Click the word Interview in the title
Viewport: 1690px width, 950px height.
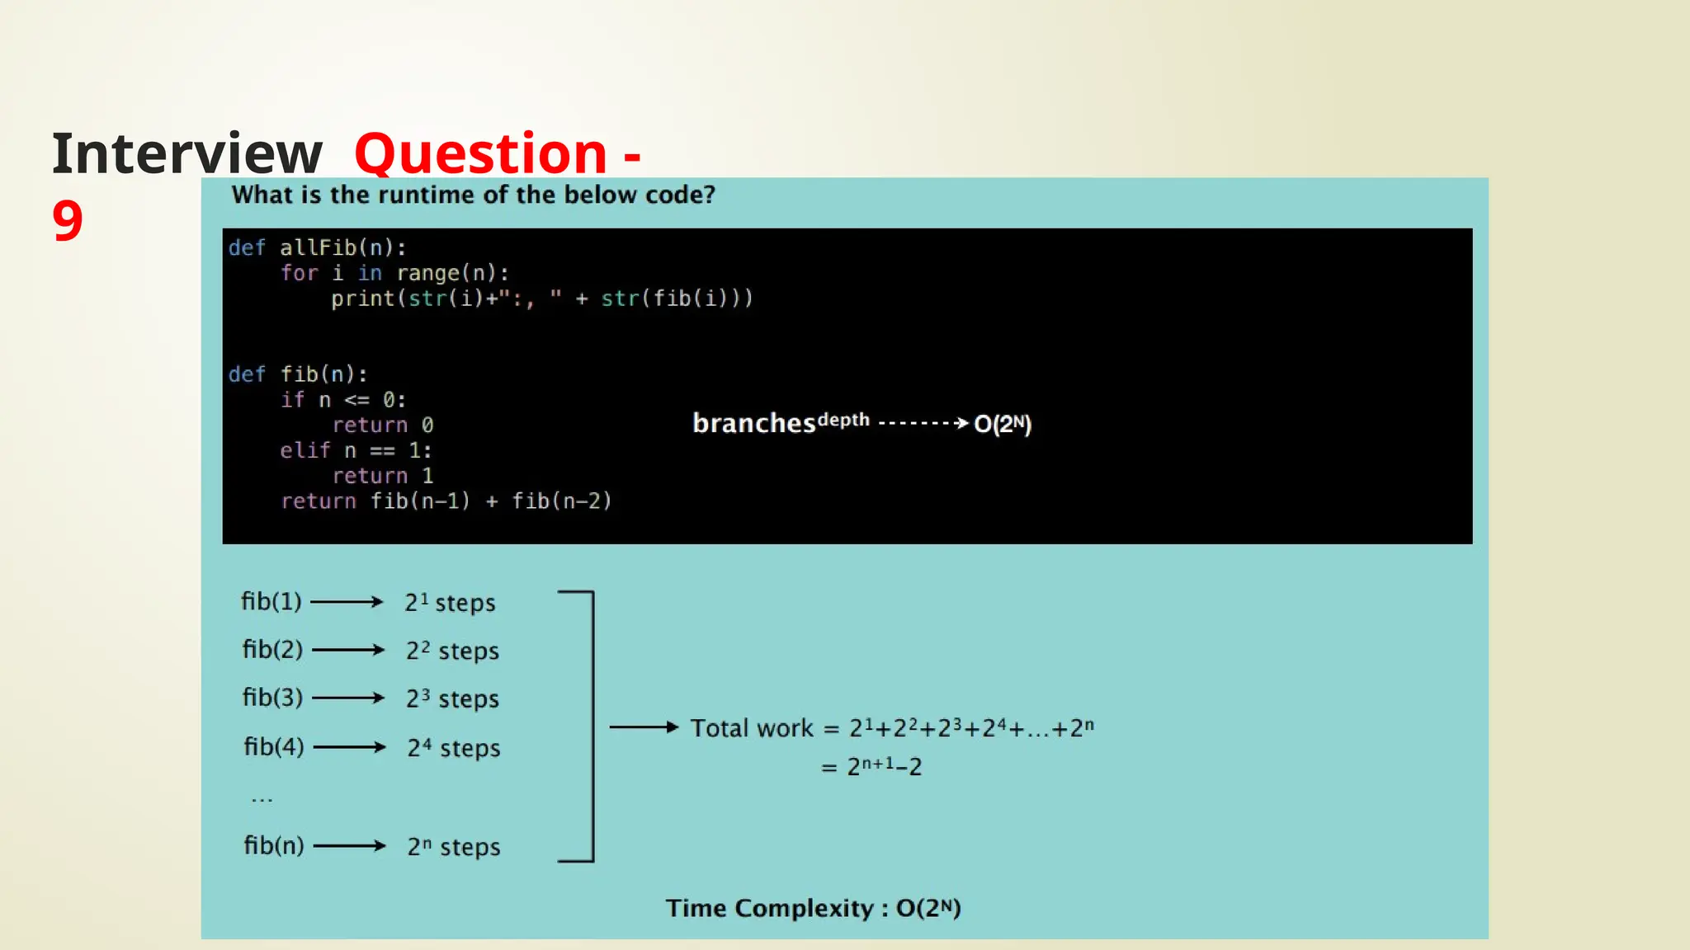coord(186,154)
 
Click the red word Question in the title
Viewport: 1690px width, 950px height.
coord(480,154)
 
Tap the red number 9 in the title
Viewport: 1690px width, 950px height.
coord(68,221)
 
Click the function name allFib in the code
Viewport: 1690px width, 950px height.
coord(318,247)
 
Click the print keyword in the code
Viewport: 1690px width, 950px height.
coord(363,299)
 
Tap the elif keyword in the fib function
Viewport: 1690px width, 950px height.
coord(304,450)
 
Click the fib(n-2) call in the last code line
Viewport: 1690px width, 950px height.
coord(561,501)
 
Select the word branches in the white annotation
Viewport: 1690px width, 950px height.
coord(753,424)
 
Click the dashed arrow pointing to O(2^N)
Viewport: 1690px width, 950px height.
coord(923,423)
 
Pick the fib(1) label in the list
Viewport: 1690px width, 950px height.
coord(271,602)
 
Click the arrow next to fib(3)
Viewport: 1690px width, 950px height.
coord(348,698)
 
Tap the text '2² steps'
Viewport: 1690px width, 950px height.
coord(452,651)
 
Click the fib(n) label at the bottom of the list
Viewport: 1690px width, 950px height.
coord(273,845)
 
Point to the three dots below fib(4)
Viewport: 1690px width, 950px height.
coord(262,798)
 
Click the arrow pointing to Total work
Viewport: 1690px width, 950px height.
coord(644,727)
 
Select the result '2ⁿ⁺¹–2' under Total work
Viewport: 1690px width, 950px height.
coord(884,767)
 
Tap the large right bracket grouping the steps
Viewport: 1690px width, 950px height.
coord(591,727)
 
